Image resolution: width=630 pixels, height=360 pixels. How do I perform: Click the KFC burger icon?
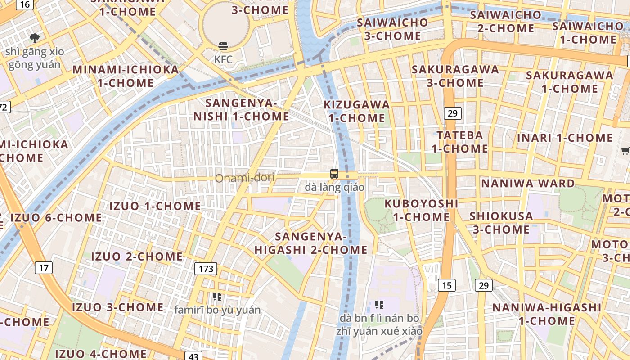click(x=223, y=46)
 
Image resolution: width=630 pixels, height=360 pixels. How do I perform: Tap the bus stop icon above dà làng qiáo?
click(x=334, y=174)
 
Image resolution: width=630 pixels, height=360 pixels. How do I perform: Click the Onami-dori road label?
click(x=244, y=178)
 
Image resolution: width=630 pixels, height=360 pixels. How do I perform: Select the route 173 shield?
click(x=206, y=269)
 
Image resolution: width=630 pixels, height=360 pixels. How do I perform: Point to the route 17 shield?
click(x=44, y=268)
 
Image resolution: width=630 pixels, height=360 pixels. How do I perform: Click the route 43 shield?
click(x=193, y=356)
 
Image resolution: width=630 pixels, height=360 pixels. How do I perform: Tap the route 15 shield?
click(x=446, y=285)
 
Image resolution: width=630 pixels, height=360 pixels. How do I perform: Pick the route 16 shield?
click(x=25, y=4)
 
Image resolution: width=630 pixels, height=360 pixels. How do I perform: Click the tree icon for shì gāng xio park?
click(x=34, y=38)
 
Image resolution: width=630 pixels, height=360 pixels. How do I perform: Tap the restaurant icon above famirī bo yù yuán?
click(x=217, y=296)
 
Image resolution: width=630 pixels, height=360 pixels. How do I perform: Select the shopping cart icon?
click(x=625, y=151)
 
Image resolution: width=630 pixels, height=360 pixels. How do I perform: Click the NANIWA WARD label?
click(x=528, y=184)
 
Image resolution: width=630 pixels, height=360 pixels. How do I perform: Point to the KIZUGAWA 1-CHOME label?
click(x=357, y=111)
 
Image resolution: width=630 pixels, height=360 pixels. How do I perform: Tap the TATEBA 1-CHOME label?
click(x=460, y=142)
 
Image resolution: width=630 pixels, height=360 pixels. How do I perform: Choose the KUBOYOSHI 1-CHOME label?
click(x=421, y=210)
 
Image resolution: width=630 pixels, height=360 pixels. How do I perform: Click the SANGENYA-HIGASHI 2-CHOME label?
click(x=311, y=243)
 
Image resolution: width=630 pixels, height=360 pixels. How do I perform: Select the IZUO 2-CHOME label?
click(x=137, y=256)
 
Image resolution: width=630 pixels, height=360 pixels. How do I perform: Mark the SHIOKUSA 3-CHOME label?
click(x=501, y=222)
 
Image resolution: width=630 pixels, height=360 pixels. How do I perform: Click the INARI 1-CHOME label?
click(x=565, y=138)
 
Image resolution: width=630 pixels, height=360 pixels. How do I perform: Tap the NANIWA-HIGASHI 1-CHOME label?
click(x=547, y=314)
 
